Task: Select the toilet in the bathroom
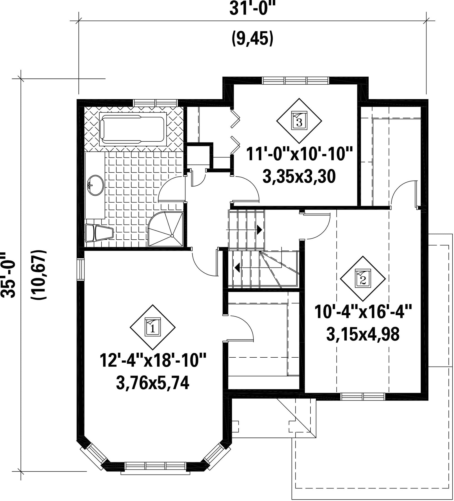click(99, 233)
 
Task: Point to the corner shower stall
click(166, 229)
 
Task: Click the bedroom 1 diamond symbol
click(153, 327)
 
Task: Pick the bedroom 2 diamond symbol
click(363, 278)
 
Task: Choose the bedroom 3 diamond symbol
click(299, 121)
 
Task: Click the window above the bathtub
click(156, 102)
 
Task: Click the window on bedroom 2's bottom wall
click(363, 396)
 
